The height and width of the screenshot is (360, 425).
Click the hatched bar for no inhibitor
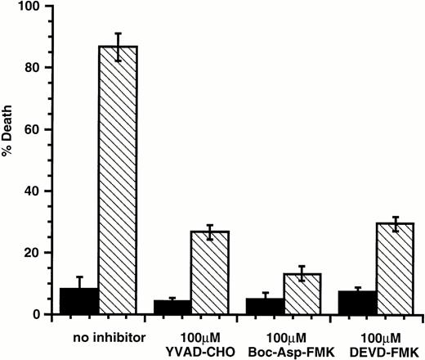tap(119, 180)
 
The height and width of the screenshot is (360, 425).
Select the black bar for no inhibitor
tap(79, 301)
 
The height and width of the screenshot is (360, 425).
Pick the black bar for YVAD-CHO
tap(172, 307)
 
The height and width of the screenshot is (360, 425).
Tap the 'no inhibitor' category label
tap(98, 336)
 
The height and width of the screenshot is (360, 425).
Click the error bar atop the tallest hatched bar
tap(119, 47)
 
